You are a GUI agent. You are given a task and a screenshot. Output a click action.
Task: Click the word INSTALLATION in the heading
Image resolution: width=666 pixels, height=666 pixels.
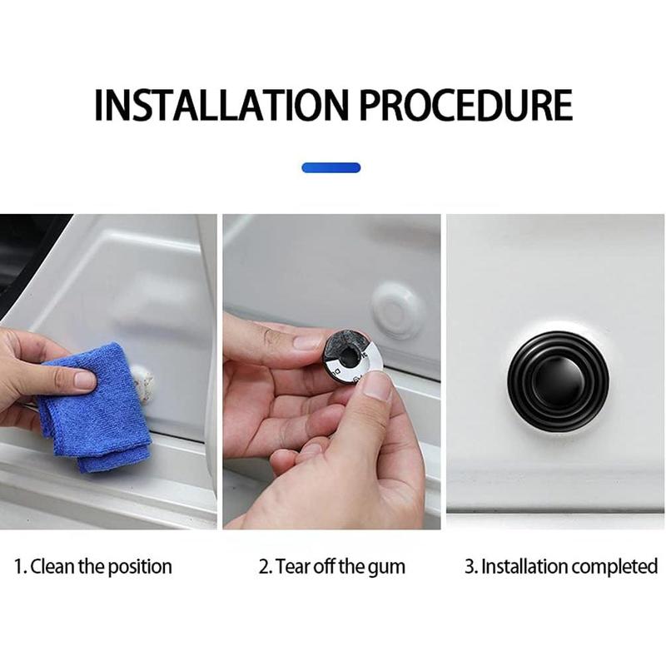(x=221, y=105)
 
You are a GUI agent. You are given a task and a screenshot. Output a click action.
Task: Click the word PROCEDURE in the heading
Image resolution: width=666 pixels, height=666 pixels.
(x=466, y=105)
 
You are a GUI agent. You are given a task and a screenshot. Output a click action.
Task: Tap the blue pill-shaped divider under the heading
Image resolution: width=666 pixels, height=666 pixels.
(x=331, y=168)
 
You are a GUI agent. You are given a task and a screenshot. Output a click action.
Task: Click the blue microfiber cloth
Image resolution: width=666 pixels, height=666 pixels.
(x=93, y=408)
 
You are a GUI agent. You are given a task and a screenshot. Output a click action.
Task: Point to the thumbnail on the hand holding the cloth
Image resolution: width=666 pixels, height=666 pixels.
(x=85, y=379)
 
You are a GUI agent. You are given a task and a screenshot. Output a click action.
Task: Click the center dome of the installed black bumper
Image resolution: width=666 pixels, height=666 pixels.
(x=557, y=379)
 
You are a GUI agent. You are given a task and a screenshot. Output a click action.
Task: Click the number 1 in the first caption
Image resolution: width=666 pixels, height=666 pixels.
(x=18, y=567)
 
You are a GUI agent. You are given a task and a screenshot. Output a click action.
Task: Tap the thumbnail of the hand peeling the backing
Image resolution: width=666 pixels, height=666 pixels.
(x=378, y=385)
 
